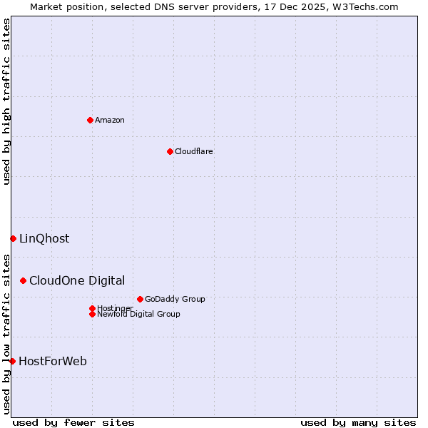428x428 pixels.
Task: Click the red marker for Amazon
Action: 90,120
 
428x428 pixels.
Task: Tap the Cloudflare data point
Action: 170,151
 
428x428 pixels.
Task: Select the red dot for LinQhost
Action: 13,238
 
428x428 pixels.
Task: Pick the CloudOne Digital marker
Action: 24,281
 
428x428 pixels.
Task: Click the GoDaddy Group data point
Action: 140,299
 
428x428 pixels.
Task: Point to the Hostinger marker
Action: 92,308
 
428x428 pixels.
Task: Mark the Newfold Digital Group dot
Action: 92,314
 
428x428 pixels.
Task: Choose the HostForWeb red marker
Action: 12,361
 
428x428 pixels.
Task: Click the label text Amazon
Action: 110,120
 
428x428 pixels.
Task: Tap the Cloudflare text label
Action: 193,151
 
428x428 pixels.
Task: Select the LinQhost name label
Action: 44,238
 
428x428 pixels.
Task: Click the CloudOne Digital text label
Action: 77,281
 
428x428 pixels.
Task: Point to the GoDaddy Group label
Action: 175,299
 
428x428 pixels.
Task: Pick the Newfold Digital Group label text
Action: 138,315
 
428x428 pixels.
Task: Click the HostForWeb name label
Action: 53,361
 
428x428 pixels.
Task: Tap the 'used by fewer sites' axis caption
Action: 73,422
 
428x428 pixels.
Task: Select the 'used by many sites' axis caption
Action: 358,422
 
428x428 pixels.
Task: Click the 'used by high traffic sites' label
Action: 6,101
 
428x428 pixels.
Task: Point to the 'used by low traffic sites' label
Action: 6,334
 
